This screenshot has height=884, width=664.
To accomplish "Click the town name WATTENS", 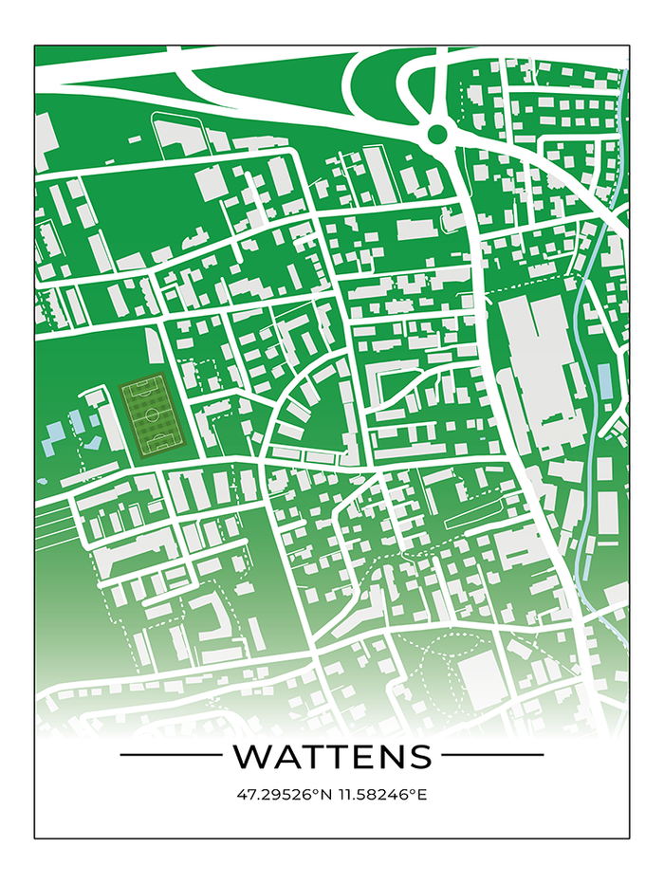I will tap(332, 756).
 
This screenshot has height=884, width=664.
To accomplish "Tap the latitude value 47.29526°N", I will tap(284, 794).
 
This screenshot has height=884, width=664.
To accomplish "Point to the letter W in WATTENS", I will tap(249, 756).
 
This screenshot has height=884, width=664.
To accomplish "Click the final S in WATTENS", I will tap(419, 756).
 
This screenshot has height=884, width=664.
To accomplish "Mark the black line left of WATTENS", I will tap(170, 755).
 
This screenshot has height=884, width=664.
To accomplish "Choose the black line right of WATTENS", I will tap(493, 755).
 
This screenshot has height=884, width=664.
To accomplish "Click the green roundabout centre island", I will tap(437, 134).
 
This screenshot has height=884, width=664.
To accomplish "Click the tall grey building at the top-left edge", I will tap(45, 142).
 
